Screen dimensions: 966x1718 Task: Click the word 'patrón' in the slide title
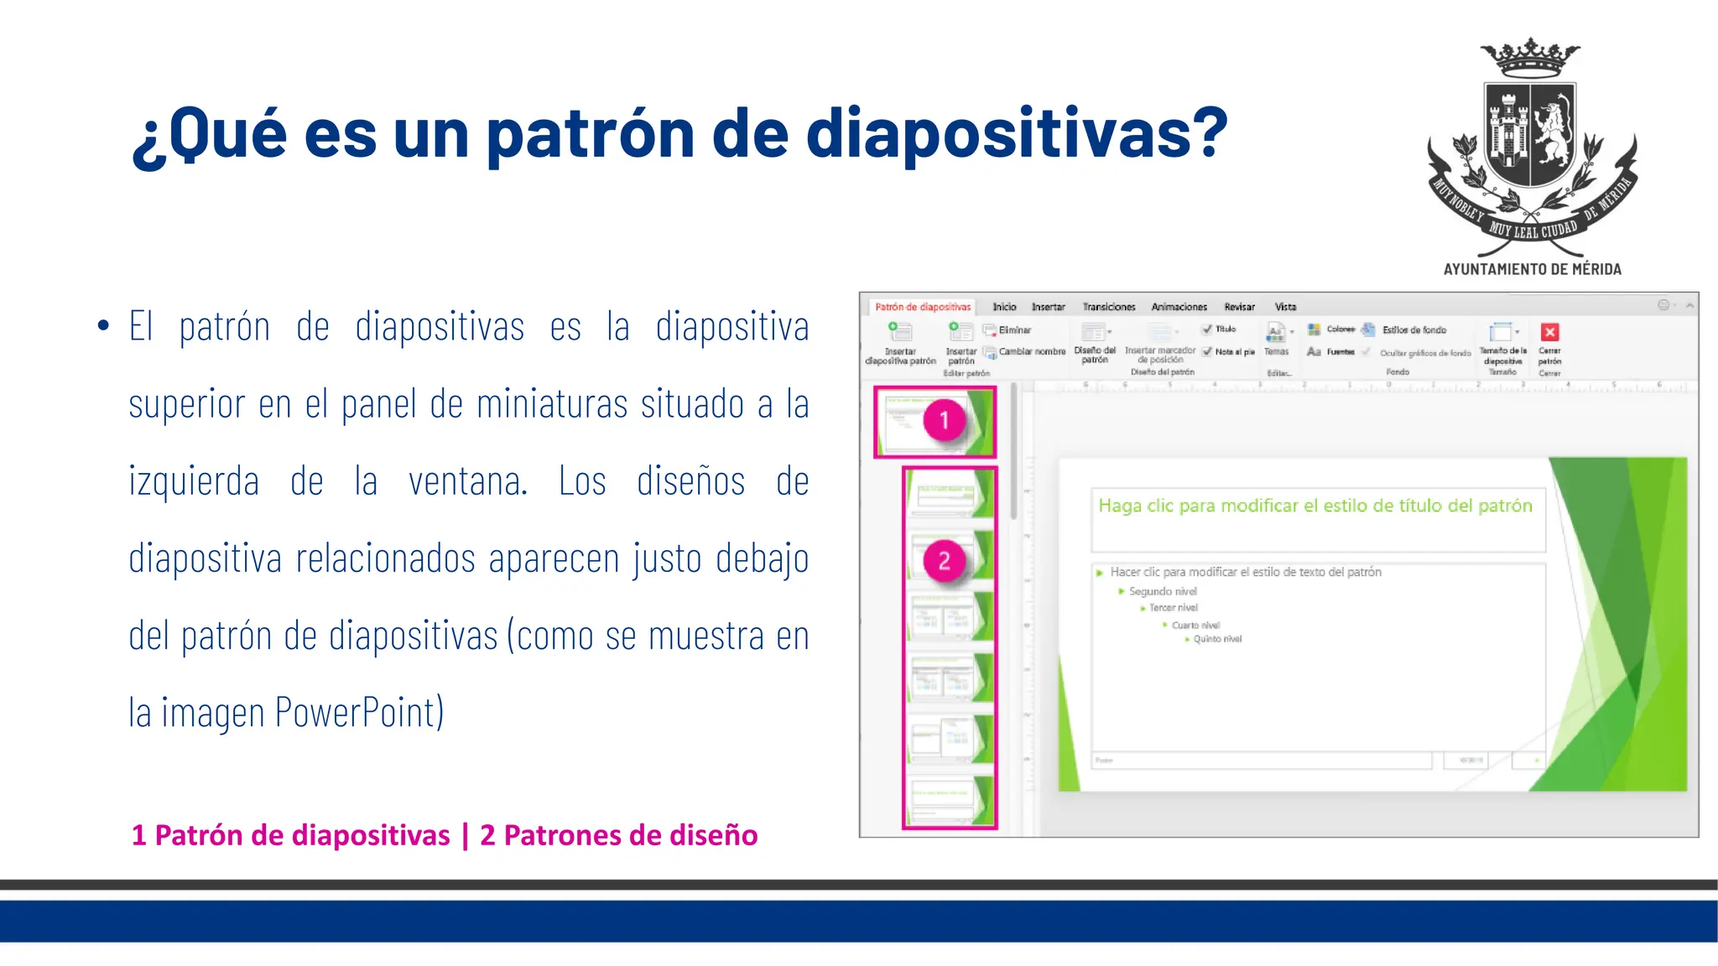coord(591,134)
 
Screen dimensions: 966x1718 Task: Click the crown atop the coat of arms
coord(1531,57)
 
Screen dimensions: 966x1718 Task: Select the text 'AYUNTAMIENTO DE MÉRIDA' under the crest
coord(1532,269)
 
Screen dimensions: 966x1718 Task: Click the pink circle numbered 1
coord(944,420)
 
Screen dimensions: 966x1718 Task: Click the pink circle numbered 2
coord(944,561)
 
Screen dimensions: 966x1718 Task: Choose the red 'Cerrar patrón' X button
coord(1549,332)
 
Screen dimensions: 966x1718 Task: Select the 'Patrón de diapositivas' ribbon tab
coord(922,307)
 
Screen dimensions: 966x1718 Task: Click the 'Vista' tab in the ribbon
coord(1285,307)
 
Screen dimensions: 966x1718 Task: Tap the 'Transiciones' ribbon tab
coord(1108,307)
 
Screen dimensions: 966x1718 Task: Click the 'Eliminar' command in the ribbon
coord(1013,330)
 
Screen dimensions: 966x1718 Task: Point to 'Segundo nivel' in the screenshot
coord(1162,591)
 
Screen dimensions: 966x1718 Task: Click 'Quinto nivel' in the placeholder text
coord(1216,639)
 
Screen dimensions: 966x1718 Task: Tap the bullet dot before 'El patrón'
coord(103,325)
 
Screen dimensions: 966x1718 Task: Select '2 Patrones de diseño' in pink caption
coord(618,835)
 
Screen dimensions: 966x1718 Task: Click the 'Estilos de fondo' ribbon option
coord(1413,330)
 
